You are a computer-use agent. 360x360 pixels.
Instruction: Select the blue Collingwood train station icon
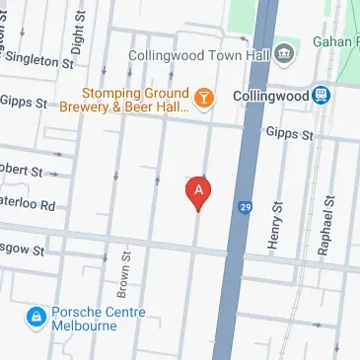322,96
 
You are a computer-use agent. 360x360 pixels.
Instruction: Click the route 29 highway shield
244,207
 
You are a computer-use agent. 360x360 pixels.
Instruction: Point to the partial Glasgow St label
22,252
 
